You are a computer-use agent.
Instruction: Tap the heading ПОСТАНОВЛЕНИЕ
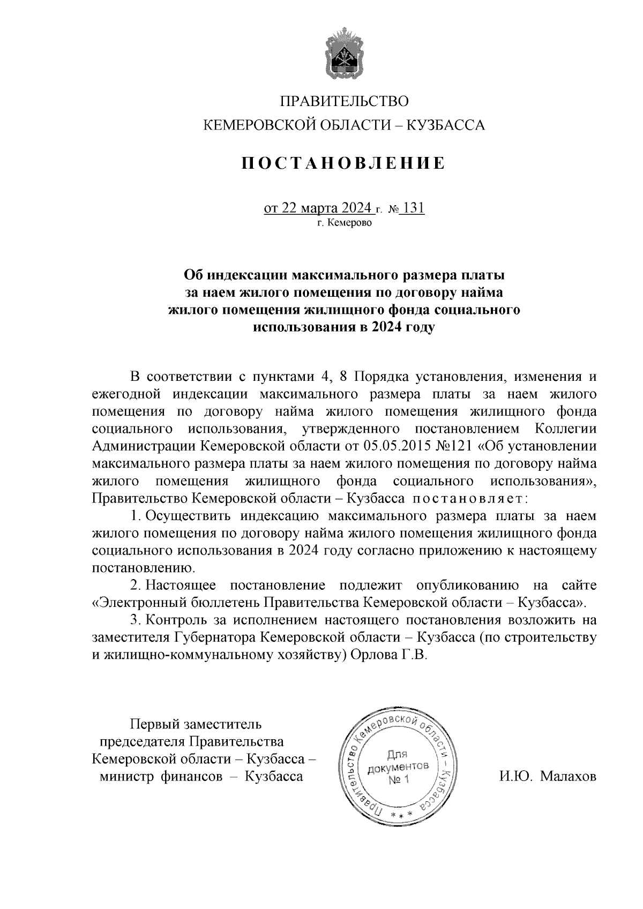tap(343, 163)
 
